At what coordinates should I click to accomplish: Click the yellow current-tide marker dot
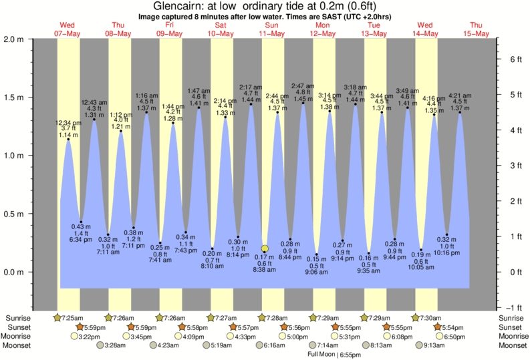[x=265, y=248]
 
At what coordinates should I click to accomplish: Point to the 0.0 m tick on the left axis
[x=15, y=273]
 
